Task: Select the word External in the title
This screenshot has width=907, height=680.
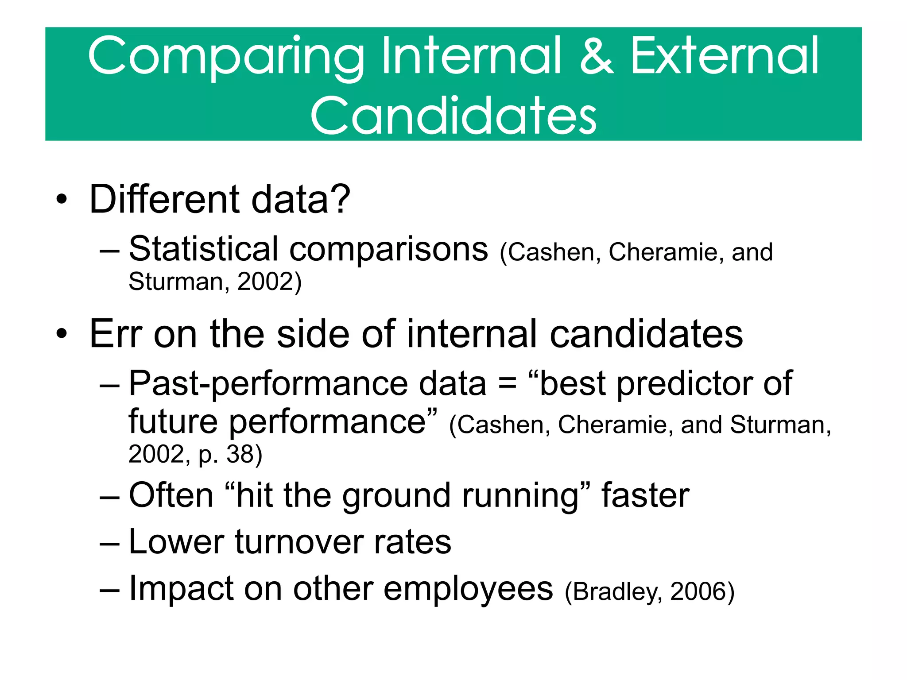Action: (x=725, y=57)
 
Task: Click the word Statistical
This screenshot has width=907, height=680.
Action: (x=203, y=249)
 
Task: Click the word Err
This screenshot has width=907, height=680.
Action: (x=116, y=334)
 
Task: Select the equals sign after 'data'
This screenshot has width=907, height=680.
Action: (x=507, y=384)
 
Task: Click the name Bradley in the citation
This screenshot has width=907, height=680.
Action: (x=618, y=591)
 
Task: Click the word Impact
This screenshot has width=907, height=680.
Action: (x=181, y=588)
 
